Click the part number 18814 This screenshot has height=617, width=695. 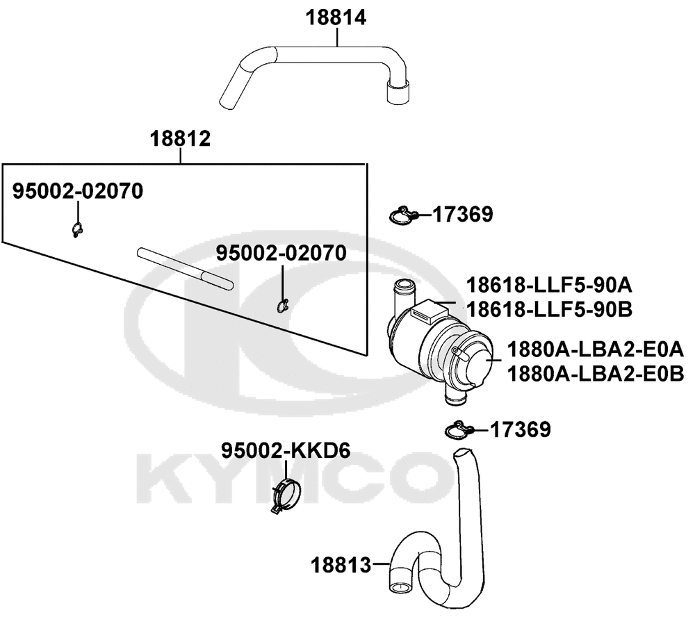336,18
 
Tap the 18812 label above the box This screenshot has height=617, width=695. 180,139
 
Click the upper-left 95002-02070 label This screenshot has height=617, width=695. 78,191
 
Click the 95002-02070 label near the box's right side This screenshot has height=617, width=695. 281,253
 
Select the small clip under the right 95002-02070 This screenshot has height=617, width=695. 282,306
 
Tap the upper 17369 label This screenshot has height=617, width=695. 463,214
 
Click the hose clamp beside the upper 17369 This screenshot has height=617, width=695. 403,215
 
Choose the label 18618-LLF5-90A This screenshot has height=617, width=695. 549,285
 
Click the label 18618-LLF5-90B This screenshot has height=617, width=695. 549,309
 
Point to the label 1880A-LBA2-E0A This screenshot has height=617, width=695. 596,349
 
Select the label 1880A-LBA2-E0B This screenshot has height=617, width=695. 596,373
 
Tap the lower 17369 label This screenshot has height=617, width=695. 521,429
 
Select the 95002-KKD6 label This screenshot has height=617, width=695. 286,451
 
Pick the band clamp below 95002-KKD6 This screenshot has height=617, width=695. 285,496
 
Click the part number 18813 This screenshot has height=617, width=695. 341,565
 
